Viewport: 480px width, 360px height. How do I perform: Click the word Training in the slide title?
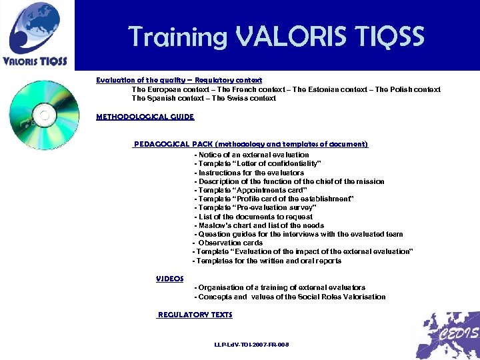175,36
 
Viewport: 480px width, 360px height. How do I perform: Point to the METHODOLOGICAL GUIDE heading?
145,117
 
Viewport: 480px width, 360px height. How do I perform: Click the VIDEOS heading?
169,279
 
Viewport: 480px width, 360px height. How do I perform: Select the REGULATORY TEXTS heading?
195,315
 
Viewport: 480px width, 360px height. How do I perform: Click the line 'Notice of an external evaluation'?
251,155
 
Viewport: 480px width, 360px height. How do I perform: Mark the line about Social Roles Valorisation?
289,297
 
